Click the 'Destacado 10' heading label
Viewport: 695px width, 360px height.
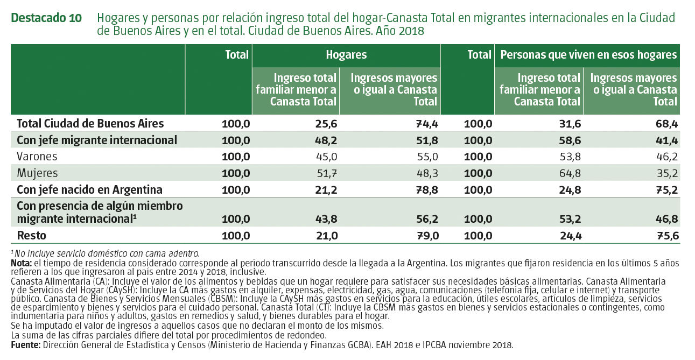coord(46,18)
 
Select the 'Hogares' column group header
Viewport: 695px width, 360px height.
coord(346,55)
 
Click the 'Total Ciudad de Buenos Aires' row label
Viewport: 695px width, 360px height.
coord(90,124)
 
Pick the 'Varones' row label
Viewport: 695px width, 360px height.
coord(37,157)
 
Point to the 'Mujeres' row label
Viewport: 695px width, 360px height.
coord(37,173)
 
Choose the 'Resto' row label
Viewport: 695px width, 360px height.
coord(32,235)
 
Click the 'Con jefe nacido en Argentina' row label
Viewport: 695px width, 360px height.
coord(90,190)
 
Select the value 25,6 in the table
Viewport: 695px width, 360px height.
coord(326,124)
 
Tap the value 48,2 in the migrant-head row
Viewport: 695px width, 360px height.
coord(326,140)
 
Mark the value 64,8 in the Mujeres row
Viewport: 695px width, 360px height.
coord(571,173)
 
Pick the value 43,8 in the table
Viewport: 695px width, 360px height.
coord(326,219)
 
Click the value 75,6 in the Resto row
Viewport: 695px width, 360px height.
coord(666,235)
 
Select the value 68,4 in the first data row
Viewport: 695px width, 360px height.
coord(666,124)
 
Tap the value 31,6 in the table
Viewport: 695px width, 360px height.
coord(571,124)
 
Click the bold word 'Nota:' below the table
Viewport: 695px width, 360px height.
coord(21,263)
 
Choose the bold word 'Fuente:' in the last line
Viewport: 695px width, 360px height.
coord(25,345)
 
